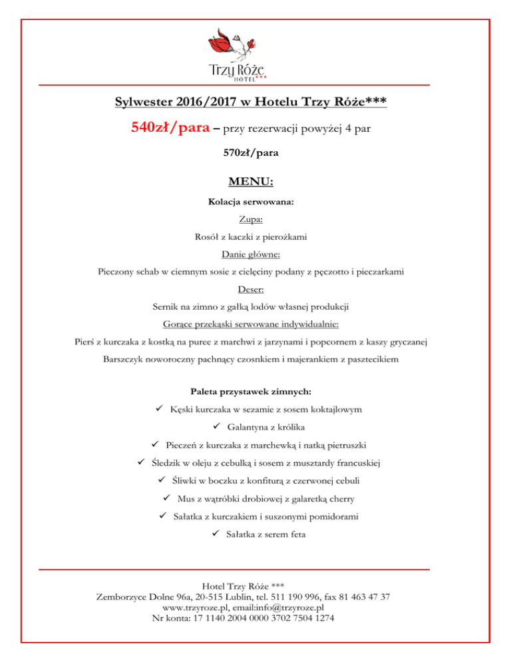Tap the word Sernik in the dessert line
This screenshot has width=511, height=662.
pos(166,307)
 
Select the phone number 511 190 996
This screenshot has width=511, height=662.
pos(310,597)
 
